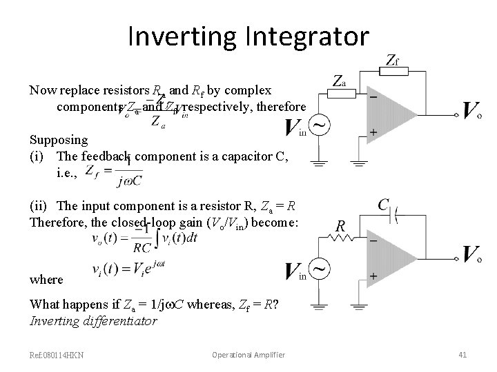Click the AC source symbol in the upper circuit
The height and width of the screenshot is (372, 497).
(320, 125)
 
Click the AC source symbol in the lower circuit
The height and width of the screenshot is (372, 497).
(320, 267)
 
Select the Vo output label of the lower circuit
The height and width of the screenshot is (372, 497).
(473, 254)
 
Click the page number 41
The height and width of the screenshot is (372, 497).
(463, 355)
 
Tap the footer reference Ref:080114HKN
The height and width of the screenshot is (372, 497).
(57, 355)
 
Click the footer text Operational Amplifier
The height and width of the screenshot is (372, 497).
(248, 355)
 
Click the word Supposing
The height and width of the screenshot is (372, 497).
(59, 139)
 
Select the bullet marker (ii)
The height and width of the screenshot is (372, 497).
(38, 206)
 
